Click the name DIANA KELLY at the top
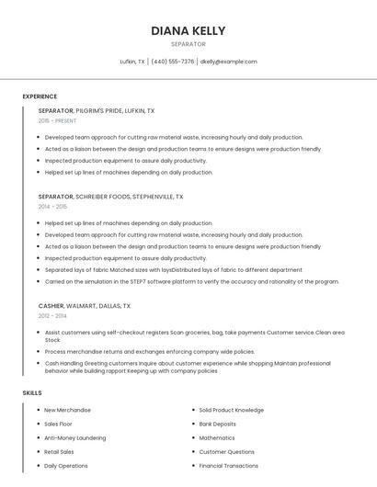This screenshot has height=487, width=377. click(188, 30)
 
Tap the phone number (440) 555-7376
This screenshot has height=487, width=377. click(173, 62)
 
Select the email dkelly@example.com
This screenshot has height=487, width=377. click(228, 62)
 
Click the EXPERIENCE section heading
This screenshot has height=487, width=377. click(40, 96)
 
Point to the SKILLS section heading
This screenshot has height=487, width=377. click(31, 392)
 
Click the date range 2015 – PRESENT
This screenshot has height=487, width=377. click(57, 120)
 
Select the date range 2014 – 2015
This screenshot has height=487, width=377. click(52, 207)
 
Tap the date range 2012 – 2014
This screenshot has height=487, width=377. click(52, 315)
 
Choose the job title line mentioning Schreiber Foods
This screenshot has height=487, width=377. click(110, 197)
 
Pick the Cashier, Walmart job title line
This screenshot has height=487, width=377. click(85, 305)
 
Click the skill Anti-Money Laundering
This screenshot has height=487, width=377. click(75, 438)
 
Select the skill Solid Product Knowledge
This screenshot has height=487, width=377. click(231, 410)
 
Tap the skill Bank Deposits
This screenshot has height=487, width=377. click(217, 424)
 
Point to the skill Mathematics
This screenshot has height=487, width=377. click(217, 438)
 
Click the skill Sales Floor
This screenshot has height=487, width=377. click(58, 424)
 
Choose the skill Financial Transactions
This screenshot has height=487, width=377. click(228, 466)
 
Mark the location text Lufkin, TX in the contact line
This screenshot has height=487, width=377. click(132, 62)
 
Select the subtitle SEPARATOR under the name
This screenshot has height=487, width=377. click(188, 44)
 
